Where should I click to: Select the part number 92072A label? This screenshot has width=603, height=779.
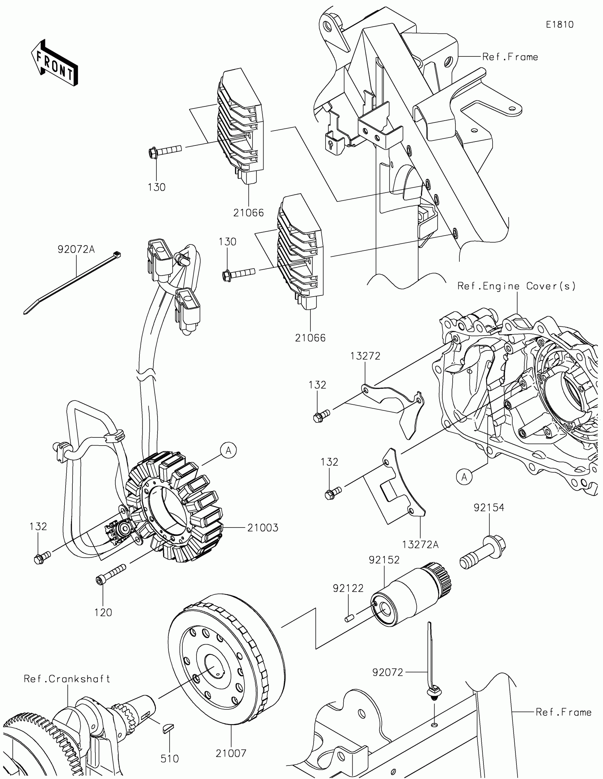[76, 249]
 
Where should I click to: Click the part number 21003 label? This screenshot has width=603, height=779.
[263, 528]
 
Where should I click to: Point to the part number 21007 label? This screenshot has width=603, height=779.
[231, 753]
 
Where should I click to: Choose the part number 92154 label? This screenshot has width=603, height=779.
[489, 508]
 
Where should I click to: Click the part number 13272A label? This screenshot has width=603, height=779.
[420, 545]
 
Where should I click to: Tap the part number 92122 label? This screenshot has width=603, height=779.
[348, 588]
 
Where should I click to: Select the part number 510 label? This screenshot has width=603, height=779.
[170, 758]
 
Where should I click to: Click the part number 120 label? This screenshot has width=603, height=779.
[103, 613]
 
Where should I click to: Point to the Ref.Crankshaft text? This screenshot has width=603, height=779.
[67, 678]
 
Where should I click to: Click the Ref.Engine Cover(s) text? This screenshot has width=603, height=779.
[517, 286]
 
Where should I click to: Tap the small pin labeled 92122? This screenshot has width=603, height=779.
[349, 619]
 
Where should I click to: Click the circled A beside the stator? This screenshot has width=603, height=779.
[228, 451]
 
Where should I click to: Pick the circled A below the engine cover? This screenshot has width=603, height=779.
[464, 476]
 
